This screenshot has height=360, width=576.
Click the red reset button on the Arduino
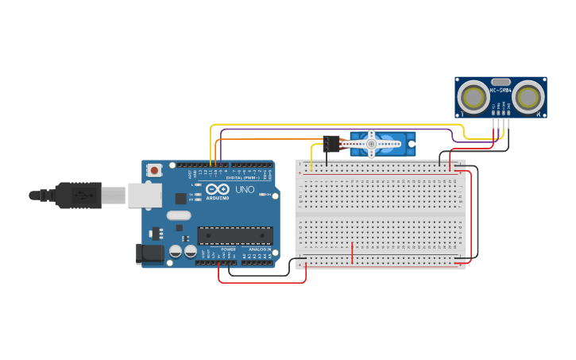(153, 169)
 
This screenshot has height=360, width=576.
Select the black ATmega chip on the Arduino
(234, 235)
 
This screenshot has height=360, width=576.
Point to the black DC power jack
(149, 254)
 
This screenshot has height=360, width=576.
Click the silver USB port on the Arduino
(145, 195)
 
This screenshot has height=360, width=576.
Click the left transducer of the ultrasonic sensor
(474, 98)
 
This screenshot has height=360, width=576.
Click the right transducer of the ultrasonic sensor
(528, 98)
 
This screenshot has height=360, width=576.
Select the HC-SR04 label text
(501, 90)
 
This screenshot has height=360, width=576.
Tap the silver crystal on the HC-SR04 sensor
(501, 81)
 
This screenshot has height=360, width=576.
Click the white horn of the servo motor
(371, 144)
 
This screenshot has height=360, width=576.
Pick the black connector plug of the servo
(330, 143)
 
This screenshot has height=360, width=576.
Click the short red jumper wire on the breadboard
(352, 253)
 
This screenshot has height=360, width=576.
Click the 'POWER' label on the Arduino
(229, 250)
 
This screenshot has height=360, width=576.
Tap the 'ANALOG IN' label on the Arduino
(259, 250)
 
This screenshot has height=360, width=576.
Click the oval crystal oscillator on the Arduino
(179, 215)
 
